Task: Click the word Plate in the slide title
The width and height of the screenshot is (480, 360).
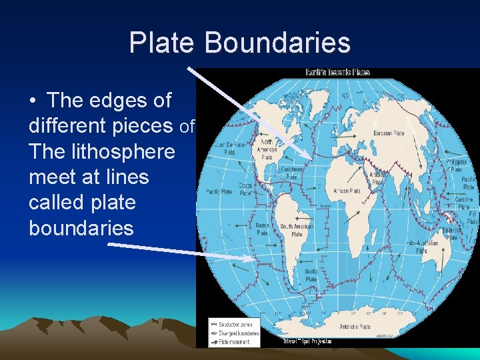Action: click(163, 43)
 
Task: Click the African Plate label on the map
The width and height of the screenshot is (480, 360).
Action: click(347, 191)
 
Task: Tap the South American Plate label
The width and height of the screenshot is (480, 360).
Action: click(297, 231)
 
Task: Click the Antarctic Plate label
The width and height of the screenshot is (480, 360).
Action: click(355, 327)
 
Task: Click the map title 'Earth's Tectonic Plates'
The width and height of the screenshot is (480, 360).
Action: click(337, 72)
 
